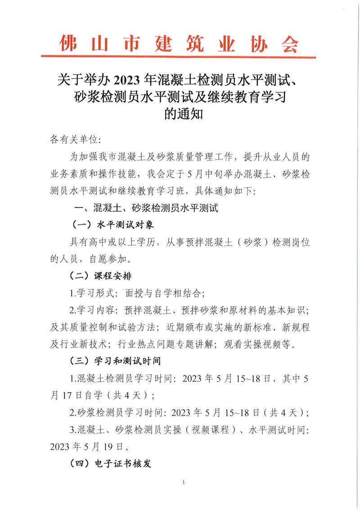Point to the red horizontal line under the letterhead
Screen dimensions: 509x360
click(x=180, y=57)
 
